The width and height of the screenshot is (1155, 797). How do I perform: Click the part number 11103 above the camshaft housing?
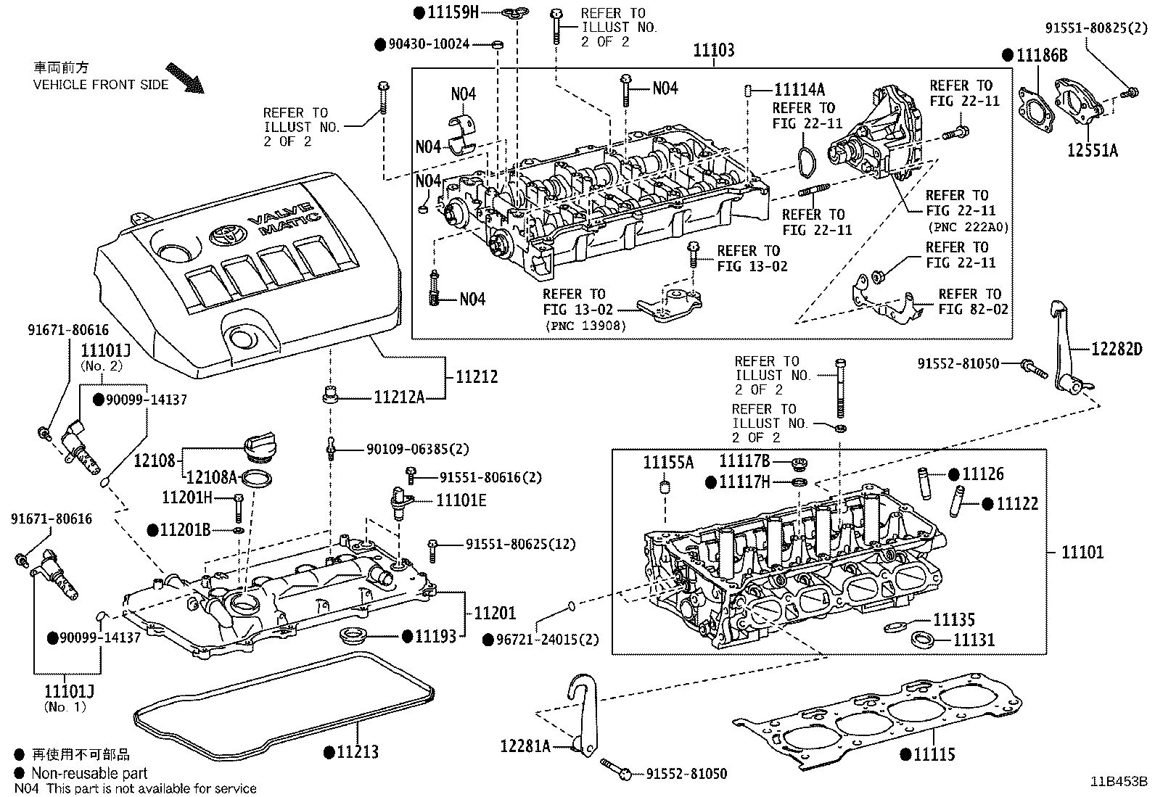click(x=714, y=50)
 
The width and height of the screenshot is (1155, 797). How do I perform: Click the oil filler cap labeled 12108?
click(x=260, y=447)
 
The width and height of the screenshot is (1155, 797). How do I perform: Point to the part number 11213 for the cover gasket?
click(x=358, y=752)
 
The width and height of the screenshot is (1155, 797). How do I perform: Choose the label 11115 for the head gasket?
click(x=934, y=755)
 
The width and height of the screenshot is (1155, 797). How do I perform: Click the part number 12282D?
click(x=1117, y=349)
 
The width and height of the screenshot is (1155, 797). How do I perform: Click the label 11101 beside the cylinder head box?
click(x=1082, y=552)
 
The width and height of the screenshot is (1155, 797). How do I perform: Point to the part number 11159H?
click(x=453, y=12)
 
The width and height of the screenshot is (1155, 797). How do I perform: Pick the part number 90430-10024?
click(x=429, y=44)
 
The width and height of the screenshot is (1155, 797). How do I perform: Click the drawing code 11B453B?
click(x=1119, y=782)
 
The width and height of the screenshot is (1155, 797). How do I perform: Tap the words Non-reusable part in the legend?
click(x=89, y=773)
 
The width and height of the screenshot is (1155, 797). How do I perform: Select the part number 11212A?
click(x=399, y=397)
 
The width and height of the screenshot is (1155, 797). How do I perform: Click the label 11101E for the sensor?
click(x=461, y=500)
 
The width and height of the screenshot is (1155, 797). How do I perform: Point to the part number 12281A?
click(x=525, y=746)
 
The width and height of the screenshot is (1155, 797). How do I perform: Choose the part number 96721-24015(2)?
click(x=548, y=640)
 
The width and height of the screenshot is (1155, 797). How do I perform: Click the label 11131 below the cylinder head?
click(x=974, y=640)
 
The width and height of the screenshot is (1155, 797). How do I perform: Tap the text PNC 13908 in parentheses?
click(x=585, y=326)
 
